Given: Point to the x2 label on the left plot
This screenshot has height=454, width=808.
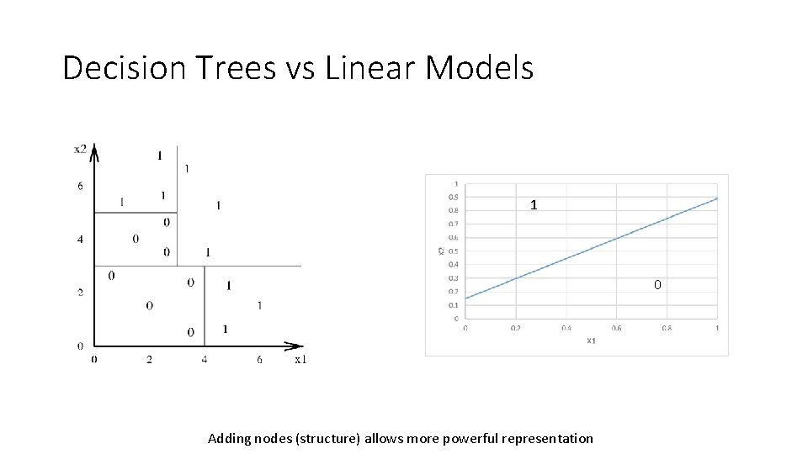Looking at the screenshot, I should tap(80, 149).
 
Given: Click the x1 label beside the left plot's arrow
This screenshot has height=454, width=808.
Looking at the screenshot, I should tap(300, 359).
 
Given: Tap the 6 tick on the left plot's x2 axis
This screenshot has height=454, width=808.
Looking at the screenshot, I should tap(80, 186).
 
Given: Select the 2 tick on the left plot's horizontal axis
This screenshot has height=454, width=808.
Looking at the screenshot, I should tap(149, 359).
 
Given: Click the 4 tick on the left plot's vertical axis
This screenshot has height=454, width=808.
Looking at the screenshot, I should tap(80, 240).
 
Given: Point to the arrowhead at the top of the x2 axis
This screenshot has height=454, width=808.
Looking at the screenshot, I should tap(95, 150).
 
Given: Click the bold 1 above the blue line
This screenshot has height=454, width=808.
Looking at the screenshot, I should tap(534, 205).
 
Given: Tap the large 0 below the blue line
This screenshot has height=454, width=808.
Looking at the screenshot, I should tap(657, 285).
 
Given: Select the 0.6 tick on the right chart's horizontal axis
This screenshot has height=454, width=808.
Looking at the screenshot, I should tap(616, 329).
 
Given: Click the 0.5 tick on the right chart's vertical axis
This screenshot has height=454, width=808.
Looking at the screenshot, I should tap(455, 251).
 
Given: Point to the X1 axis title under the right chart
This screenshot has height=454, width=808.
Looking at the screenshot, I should tap(591, 340).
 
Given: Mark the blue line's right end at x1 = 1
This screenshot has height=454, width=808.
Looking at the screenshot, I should tap(717, 198).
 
